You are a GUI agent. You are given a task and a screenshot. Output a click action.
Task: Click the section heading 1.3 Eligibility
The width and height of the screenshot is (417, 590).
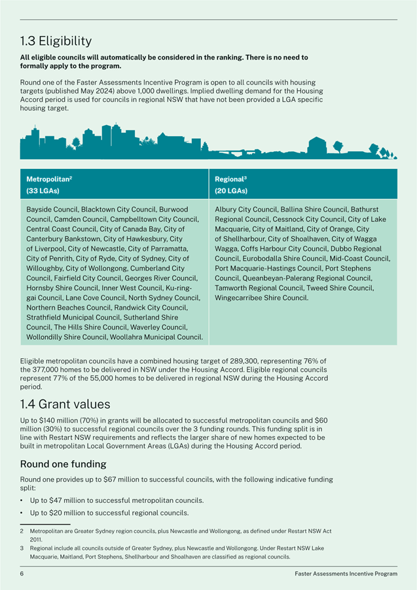click(x=56, y=43)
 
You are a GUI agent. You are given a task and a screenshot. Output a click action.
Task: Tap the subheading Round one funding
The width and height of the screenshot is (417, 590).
click(x=63, y=464)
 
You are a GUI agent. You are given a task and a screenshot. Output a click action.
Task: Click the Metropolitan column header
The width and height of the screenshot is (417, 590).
click(x=49, y=178)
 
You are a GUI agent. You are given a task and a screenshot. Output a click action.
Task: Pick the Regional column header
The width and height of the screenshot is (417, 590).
click(x=230, y=178)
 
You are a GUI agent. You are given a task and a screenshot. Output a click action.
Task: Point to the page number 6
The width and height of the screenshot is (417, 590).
click(x=22, y=574)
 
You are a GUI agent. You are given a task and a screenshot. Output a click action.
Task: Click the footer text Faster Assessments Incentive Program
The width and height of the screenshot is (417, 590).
click(x=346, y=574)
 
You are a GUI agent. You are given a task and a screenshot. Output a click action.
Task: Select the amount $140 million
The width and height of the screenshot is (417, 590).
click(x=56, y=420)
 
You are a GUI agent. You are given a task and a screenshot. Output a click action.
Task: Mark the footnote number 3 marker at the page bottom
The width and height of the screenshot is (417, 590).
click(x=22, y=547)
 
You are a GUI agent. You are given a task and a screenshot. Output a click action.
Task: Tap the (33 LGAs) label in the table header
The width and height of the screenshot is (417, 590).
click(x=43, y=191)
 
